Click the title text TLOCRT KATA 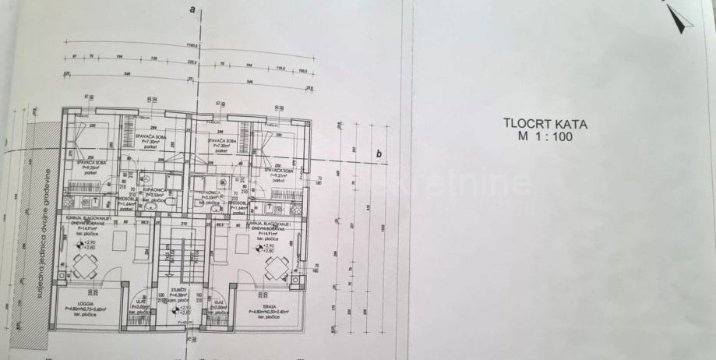tap(545, 123)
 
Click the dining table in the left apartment tap(85, 266)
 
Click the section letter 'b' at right tap(379, 154)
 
